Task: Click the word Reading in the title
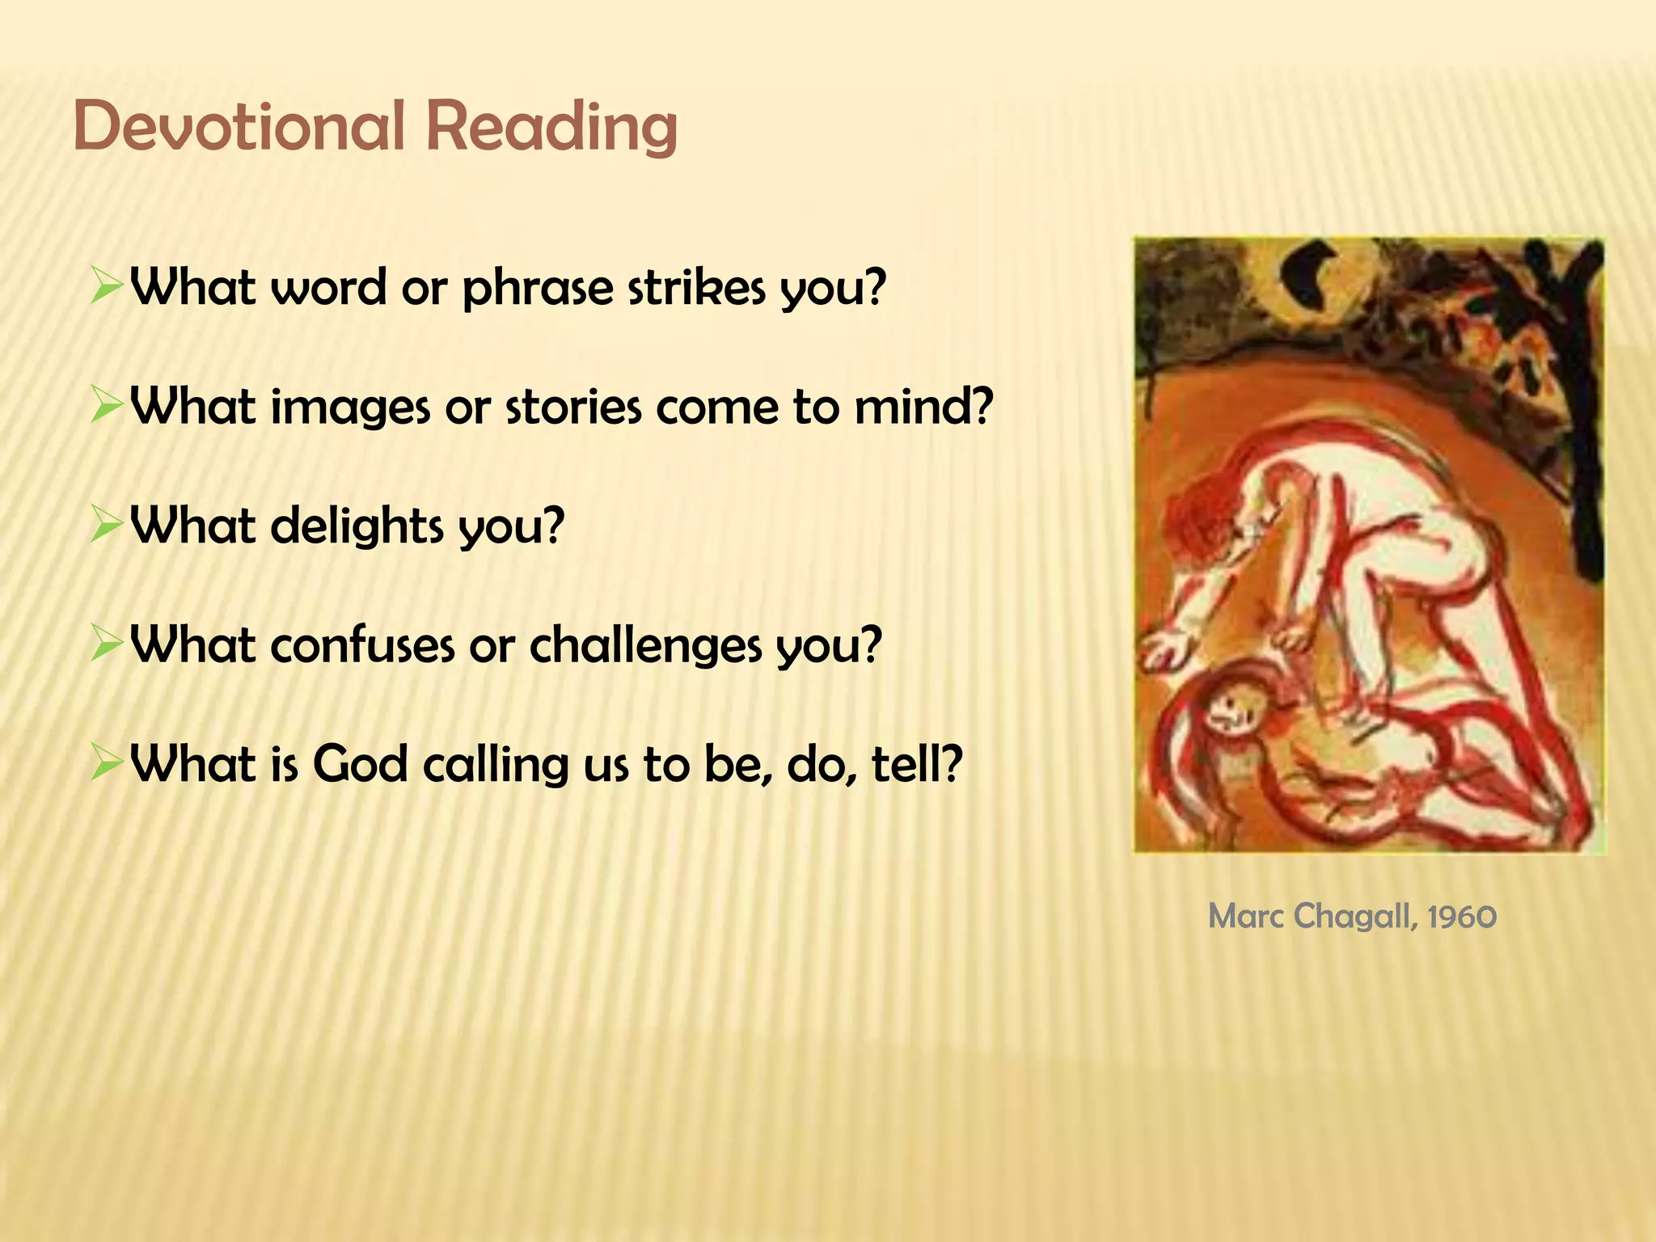tap(551, 127)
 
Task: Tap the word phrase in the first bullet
tap(538, 288)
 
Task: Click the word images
tap(349, 408)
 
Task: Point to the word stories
tap(573, 406)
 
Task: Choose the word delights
tap(357, 526)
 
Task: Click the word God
tap(360, 763)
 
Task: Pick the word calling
tap(496, 765)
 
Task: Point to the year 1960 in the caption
tap(1462, 917)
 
